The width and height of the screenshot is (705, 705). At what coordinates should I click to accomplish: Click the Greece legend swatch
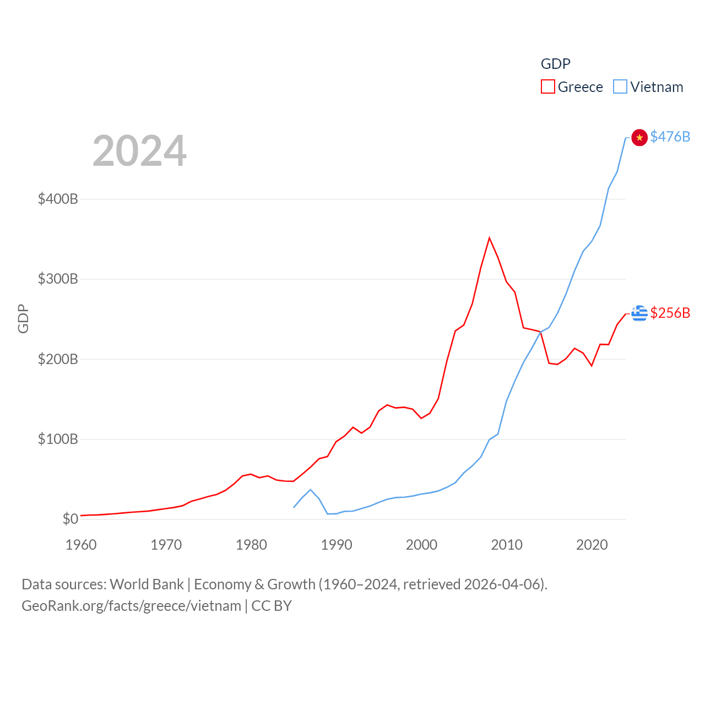[547, 87]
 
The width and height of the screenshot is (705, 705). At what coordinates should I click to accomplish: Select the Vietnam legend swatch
[620, 87]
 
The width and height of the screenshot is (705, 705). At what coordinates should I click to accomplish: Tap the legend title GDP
[555, 64]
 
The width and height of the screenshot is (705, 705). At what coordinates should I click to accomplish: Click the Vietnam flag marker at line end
[639, 137]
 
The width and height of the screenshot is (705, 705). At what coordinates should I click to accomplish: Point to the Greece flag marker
[639, 313]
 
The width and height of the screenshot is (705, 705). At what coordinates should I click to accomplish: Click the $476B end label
[670, 137]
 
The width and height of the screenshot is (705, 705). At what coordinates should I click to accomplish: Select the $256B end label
[670, 313]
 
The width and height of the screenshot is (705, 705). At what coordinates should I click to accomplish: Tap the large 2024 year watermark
[139, 151]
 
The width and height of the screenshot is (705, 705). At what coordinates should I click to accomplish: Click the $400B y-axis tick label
[58, 199]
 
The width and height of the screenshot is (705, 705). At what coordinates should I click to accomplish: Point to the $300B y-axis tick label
[58, 279]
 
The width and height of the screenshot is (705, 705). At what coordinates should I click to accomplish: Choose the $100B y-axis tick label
[58, 439]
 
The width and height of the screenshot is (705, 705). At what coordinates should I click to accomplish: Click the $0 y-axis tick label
[70, 519]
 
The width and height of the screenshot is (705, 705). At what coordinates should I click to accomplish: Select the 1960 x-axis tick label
[81, 545]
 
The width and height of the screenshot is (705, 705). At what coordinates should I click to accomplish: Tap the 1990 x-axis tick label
[337, 545]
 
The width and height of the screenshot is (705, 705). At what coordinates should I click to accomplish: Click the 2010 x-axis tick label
[507, 545]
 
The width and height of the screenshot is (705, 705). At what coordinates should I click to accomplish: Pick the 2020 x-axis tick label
[592, 545]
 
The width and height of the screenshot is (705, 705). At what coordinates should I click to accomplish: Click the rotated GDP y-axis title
[23, 318]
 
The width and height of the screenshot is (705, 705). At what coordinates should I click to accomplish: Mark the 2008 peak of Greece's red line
[489, 238]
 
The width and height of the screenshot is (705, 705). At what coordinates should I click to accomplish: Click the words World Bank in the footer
[147, 584]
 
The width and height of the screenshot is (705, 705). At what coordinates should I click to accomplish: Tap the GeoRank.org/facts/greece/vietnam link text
[131, 606]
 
